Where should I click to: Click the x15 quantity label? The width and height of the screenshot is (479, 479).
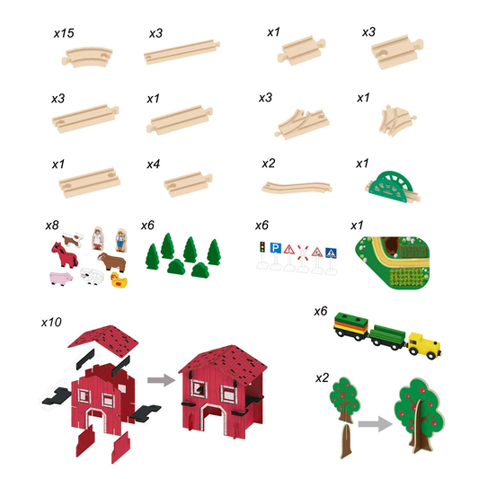pyautogui.click(x=63, y=32)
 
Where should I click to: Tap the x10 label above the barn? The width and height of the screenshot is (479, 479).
pyautogui.click(x=52, y=321)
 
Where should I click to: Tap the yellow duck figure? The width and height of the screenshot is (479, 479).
pyautogui.click(x=120, y=278)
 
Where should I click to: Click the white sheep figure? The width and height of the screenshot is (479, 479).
pyautogui.click(x=91, y=275)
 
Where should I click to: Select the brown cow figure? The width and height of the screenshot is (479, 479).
pyautogui.click(x=112, y=258)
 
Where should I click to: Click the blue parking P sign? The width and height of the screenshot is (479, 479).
pyautogui.click(x=275, y=251)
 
